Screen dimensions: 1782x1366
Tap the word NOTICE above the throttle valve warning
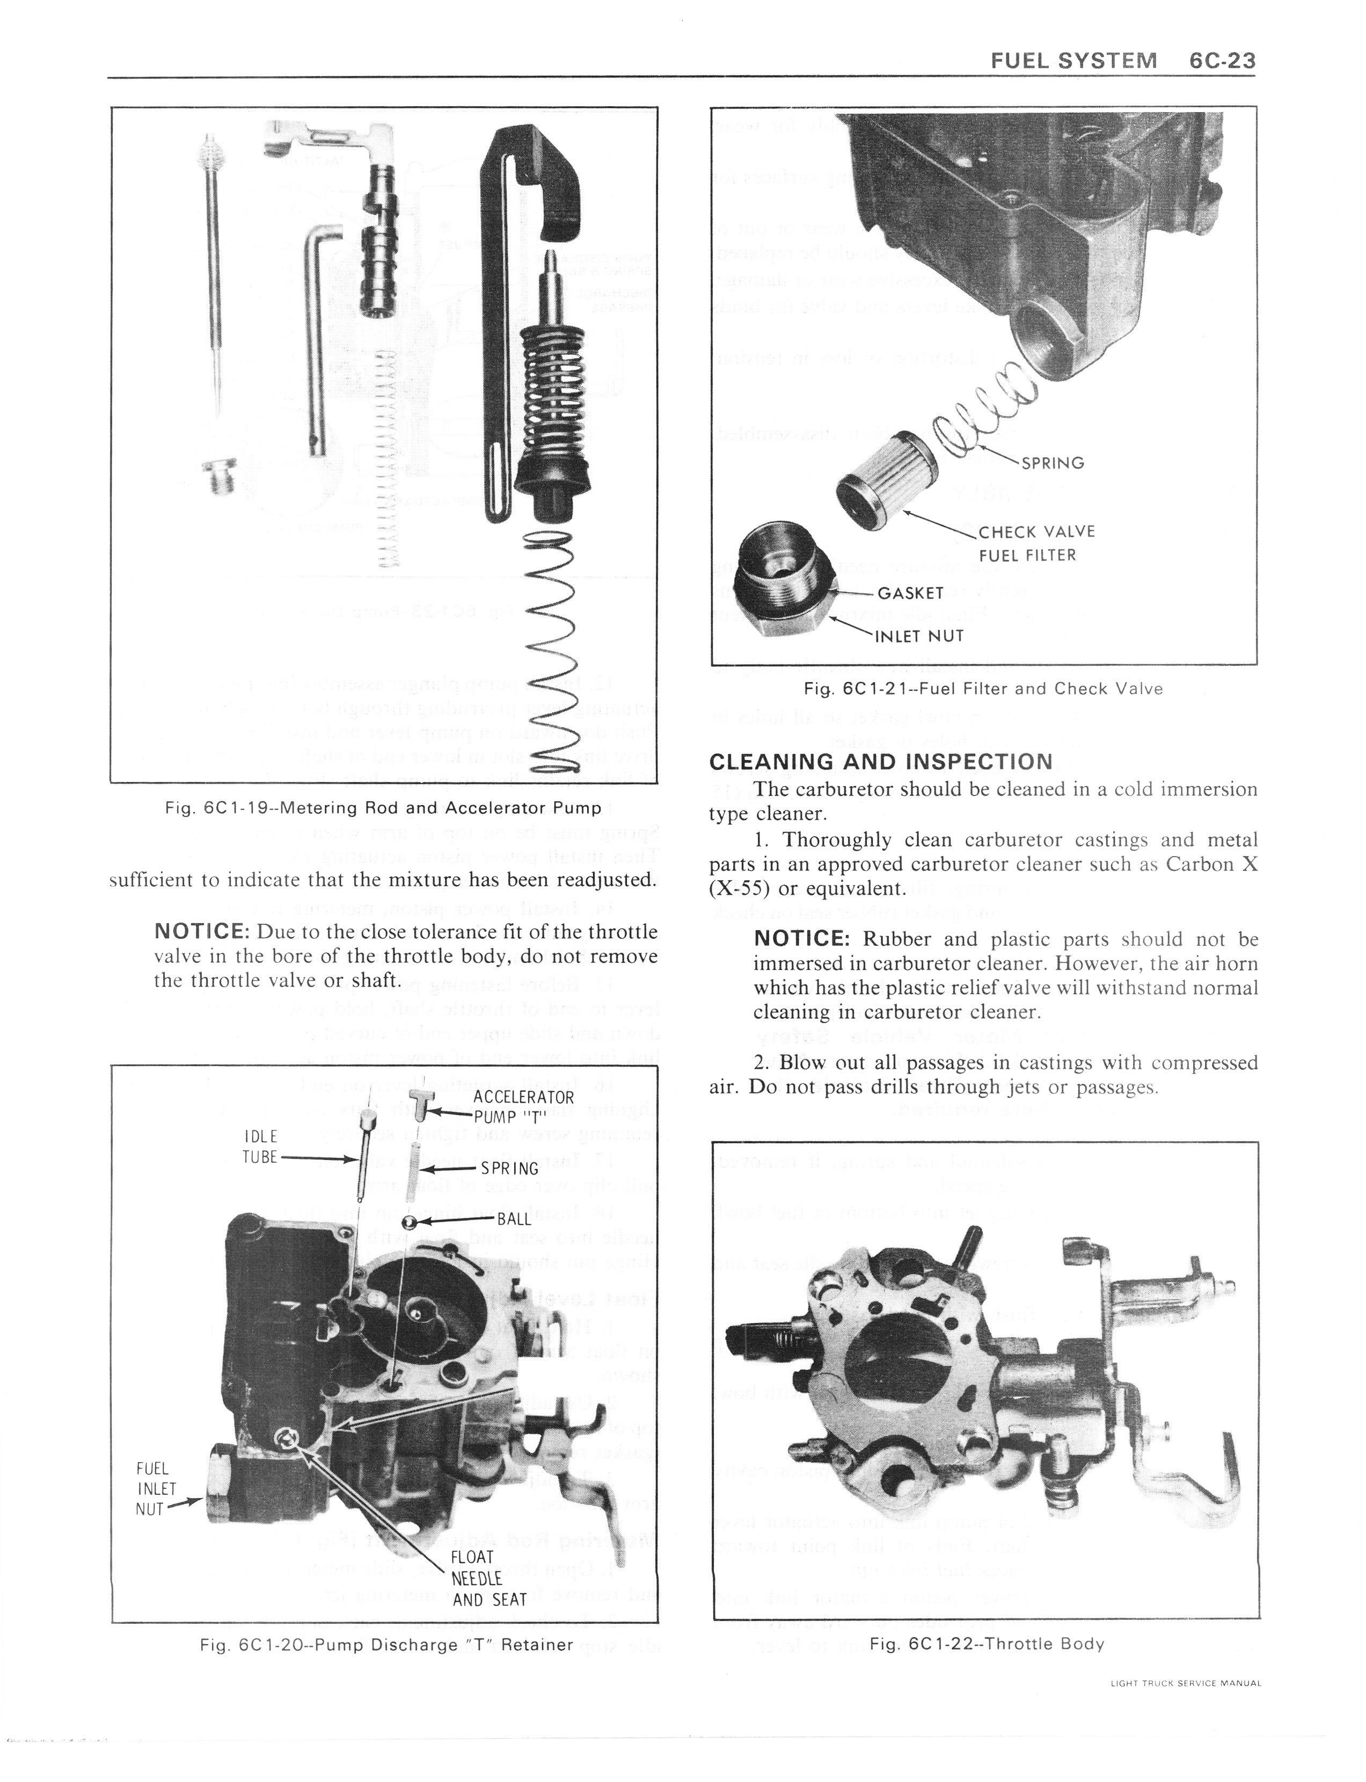(x=201, y=931)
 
